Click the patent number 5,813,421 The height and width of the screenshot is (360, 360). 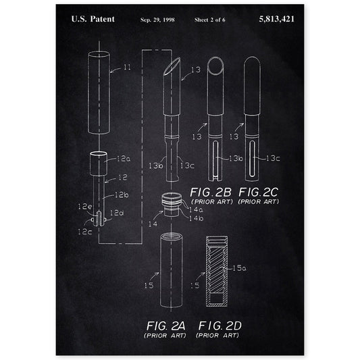tap(276, 20)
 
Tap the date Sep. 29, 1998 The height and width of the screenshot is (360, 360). tap(157, 20)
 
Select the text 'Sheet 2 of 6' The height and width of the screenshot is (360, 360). tap(210, 20)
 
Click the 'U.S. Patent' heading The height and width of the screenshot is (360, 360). tap(93, 19)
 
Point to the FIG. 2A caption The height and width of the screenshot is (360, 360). tap(165, 326)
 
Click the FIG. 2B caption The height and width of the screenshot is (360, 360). tap(211, 192)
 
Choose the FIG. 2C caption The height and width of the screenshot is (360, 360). tap(258, 192)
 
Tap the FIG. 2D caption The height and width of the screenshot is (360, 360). tap(220, 326)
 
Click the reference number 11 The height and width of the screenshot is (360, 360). tap(127, 68)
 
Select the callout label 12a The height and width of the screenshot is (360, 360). tap(124, 159)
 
